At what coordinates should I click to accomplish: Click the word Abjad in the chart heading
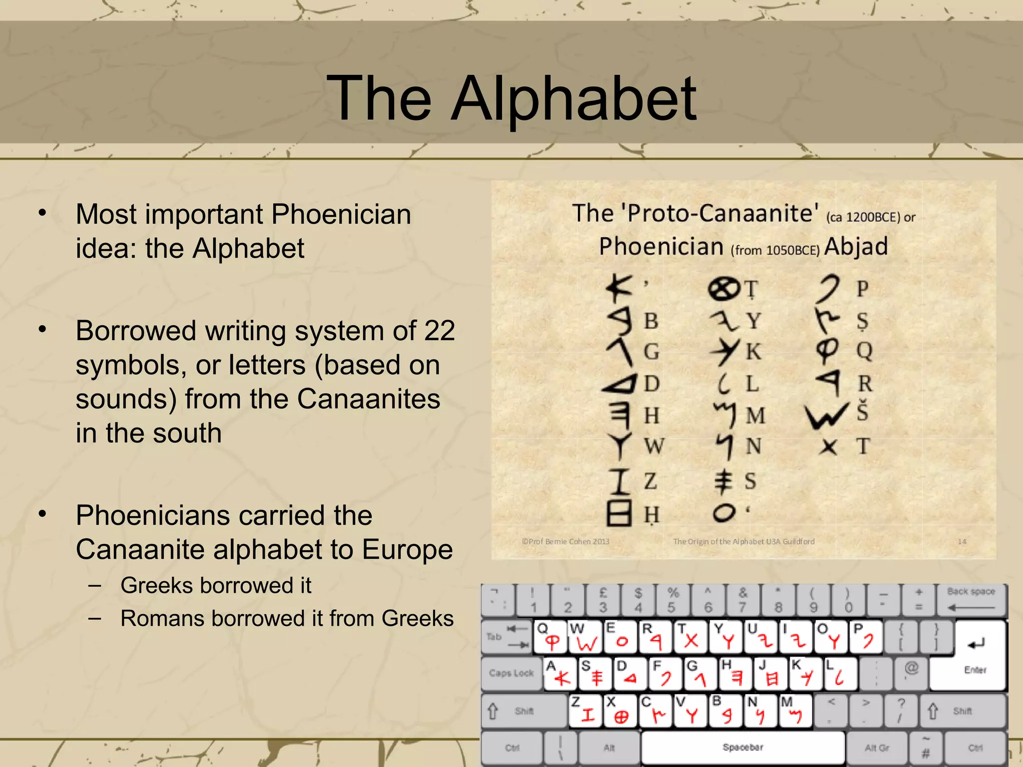pos(856,247)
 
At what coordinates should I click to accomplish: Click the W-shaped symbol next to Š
pos(827,415)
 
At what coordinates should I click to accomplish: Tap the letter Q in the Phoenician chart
pos(864,351)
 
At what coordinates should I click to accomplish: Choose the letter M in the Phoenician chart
pos(755,415)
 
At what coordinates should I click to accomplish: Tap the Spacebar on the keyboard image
pos(743,747)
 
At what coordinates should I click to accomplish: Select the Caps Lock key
pos(511,673)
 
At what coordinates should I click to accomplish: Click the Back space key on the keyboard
pos(971,599)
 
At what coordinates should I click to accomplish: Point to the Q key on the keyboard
pos(550,637)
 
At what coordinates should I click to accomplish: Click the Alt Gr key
pos(877,748)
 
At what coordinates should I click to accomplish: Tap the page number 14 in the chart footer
pos(962,541)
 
